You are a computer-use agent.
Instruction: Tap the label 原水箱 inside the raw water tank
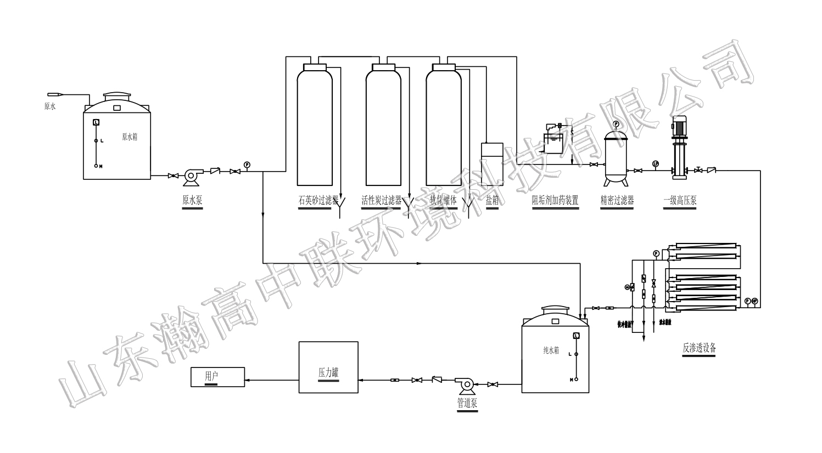(130, 137)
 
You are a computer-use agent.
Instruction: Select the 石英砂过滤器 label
(318, 201)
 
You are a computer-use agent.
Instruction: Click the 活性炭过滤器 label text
(382, 201)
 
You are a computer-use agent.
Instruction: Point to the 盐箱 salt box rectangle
(492, 163)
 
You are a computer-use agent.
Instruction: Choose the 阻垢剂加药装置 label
(555, 201)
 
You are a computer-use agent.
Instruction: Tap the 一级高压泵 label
(680, 201)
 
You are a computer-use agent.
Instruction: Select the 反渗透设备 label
(699, 348)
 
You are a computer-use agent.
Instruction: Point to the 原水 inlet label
(50, 106)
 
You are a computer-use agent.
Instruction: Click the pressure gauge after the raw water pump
(247, 165)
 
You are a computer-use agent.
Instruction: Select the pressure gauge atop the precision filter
(616, 124)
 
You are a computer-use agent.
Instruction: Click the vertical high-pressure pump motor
(678, 126)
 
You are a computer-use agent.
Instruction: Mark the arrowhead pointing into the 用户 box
(248, 380)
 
